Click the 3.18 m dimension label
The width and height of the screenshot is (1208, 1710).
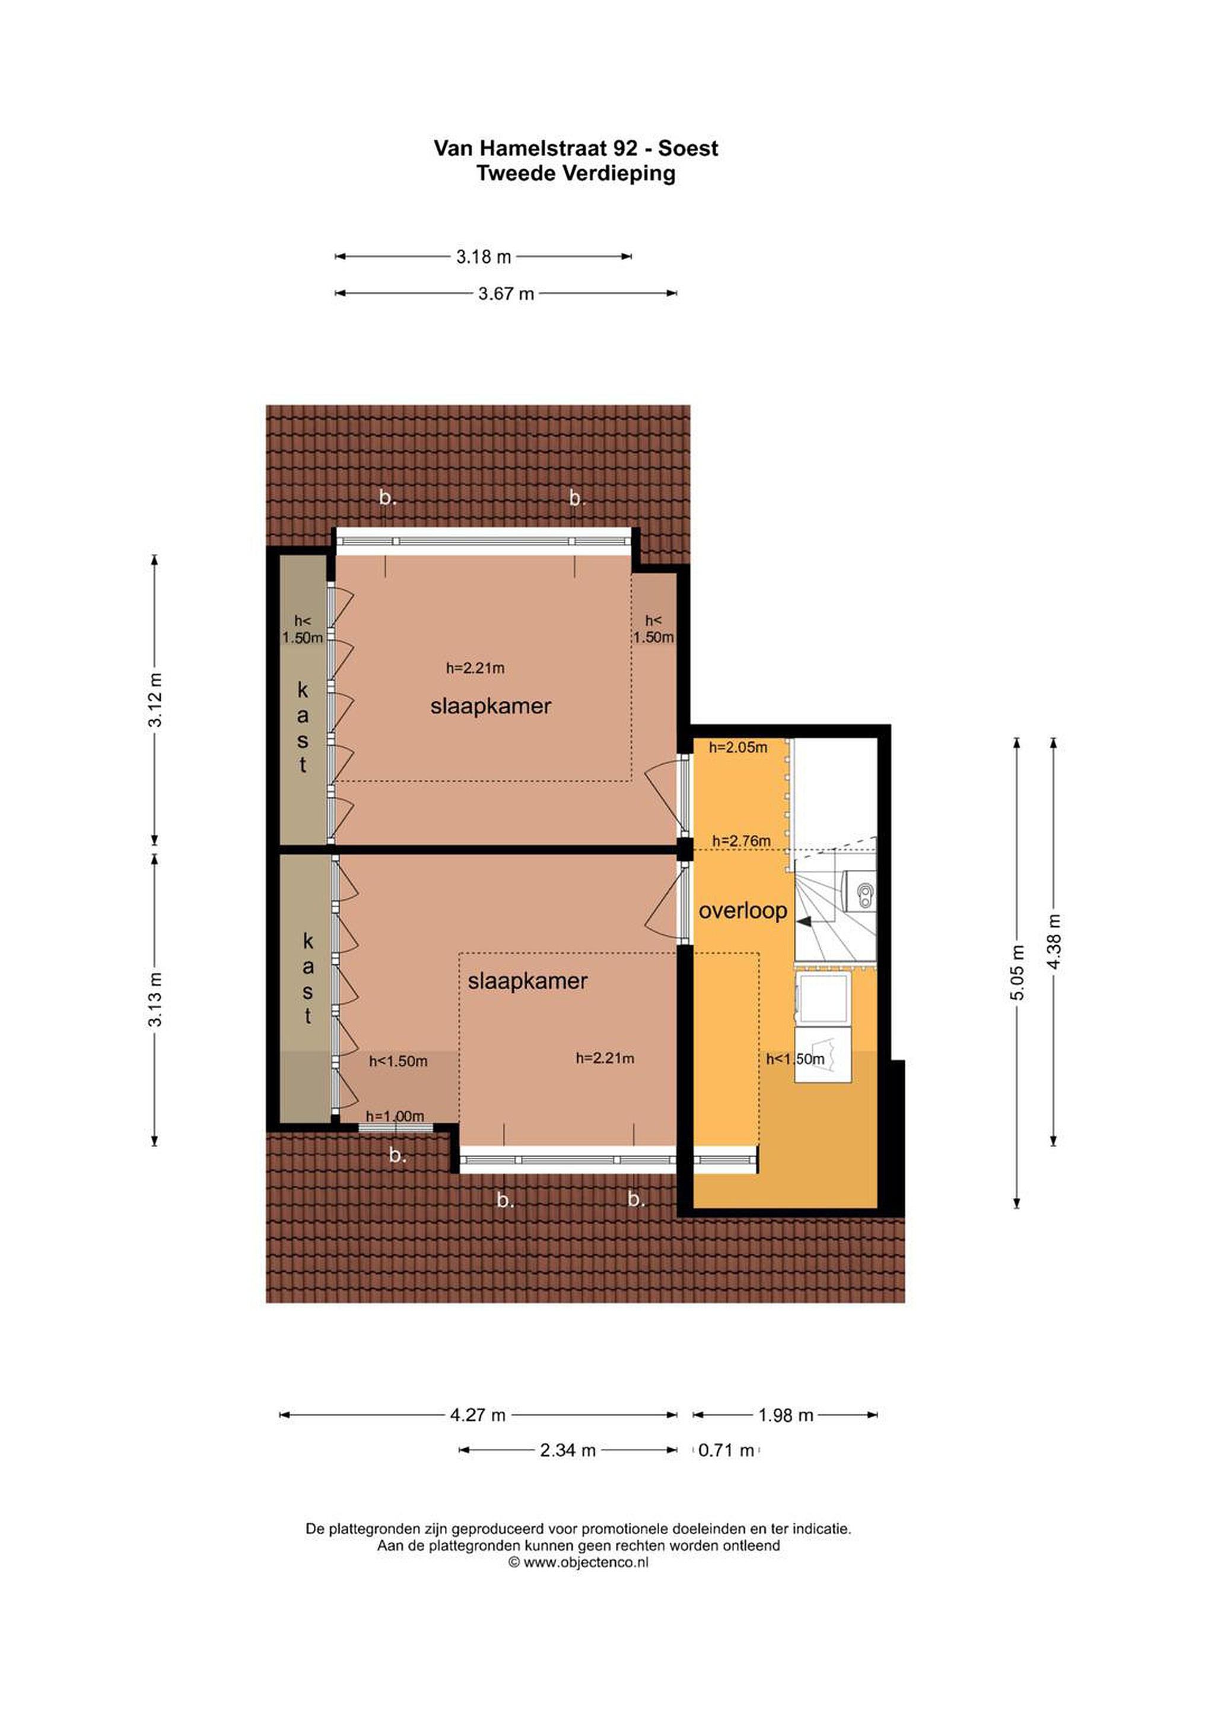[x=484, y=257]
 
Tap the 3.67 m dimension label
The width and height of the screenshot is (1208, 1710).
[x=506, y=293]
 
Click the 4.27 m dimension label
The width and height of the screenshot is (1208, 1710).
[x=478, y=1414]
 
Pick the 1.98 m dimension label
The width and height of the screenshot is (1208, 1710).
[x=786, y=1415]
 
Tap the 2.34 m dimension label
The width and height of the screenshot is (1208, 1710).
[x=568, y=1450]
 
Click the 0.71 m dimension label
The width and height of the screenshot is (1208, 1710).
[x=726, y=1450]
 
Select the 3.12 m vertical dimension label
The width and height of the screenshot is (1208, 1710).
[x=155, y=699]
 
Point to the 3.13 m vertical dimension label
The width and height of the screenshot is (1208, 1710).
[x=155, y=999]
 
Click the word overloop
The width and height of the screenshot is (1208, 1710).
[x=743, y=910]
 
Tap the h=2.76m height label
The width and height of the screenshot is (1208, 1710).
[x=741, y=841]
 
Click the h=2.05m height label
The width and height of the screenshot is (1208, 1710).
[x=737, y=747]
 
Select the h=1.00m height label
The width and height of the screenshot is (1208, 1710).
[x=395, y=1116]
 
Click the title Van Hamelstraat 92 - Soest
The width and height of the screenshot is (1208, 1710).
[x=576, y=148]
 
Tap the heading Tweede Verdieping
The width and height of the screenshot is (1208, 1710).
[x=576, y=173]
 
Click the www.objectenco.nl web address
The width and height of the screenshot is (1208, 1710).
[x=586, y=1562]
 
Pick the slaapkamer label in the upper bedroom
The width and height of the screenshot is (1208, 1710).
[x=491, y=706]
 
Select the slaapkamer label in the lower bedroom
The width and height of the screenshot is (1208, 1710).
[x=527, y=981]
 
